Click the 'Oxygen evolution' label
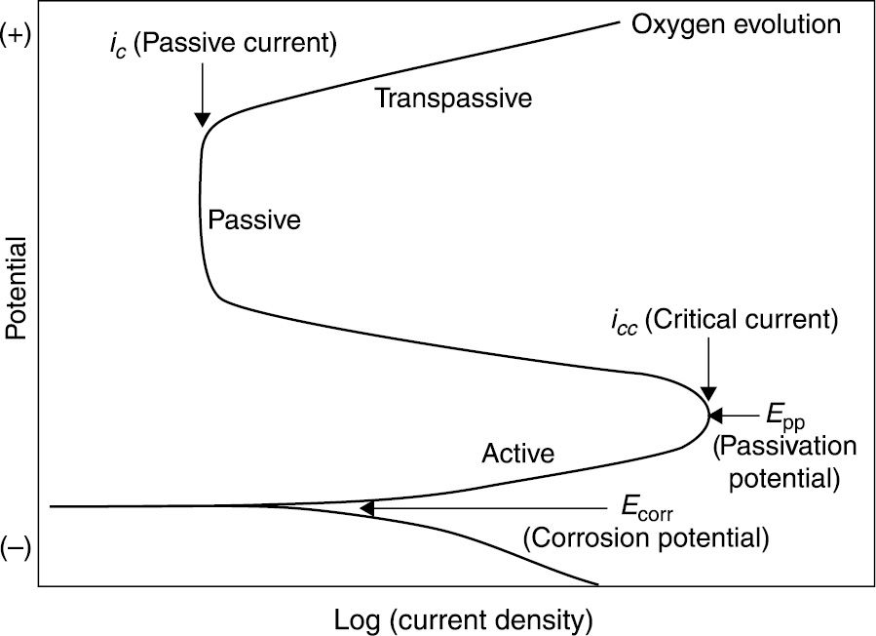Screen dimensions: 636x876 click(736, 22)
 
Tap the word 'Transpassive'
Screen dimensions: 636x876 click(453, 99)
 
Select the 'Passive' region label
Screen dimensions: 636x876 click(254, 220)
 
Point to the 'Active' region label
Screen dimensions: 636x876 click(518, 453)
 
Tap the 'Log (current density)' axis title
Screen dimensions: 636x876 click(463, 619)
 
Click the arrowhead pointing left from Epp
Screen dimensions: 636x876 click(713, 415)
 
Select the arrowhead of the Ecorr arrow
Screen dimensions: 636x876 click(367, 508)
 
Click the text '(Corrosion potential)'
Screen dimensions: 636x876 click(646, 537)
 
